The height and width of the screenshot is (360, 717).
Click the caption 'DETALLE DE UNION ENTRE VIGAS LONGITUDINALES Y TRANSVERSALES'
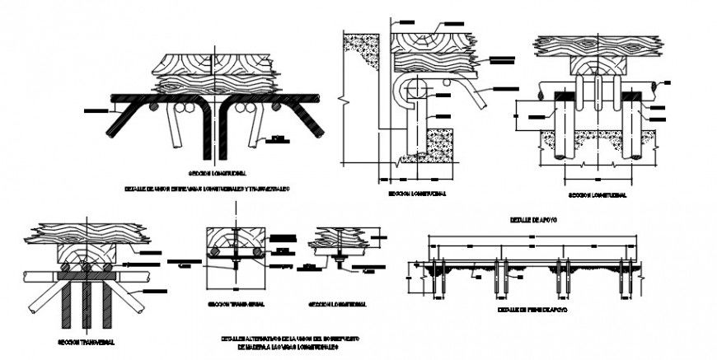click(207, 189)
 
